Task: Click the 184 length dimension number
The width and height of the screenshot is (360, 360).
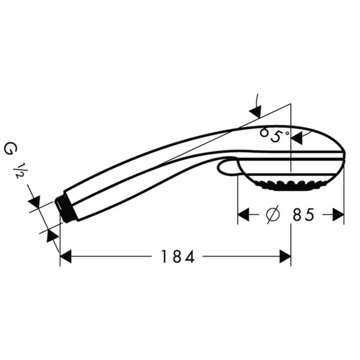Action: [178, 257]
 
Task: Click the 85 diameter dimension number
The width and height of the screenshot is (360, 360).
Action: [303, 214]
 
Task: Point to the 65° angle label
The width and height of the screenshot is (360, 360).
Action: [275, 135]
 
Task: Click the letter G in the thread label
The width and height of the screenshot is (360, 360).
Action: [10, 148]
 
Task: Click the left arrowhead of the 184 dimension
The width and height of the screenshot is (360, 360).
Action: [66, 257]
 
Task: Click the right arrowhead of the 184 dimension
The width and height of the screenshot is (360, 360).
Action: [285, 257]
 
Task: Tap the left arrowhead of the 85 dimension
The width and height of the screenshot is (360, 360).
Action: [244, 214]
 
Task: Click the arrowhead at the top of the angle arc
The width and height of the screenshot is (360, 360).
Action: [256, 111]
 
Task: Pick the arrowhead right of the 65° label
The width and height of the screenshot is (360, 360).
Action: [296, 137]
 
